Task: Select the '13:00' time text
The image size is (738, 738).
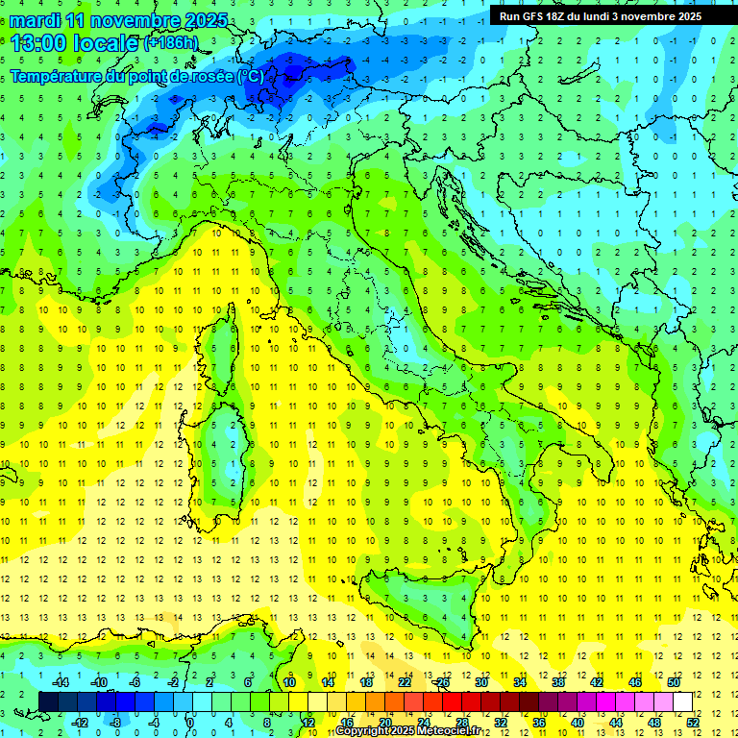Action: (37, 43)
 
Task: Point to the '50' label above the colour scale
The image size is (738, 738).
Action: (673, 681)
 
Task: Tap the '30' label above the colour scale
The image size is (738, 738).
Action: (480, 681)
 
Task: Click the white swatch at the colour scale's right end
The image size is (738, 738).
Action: (682, 701)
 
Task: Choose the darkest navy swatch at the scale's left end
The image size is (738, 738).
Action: (48, 701)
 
